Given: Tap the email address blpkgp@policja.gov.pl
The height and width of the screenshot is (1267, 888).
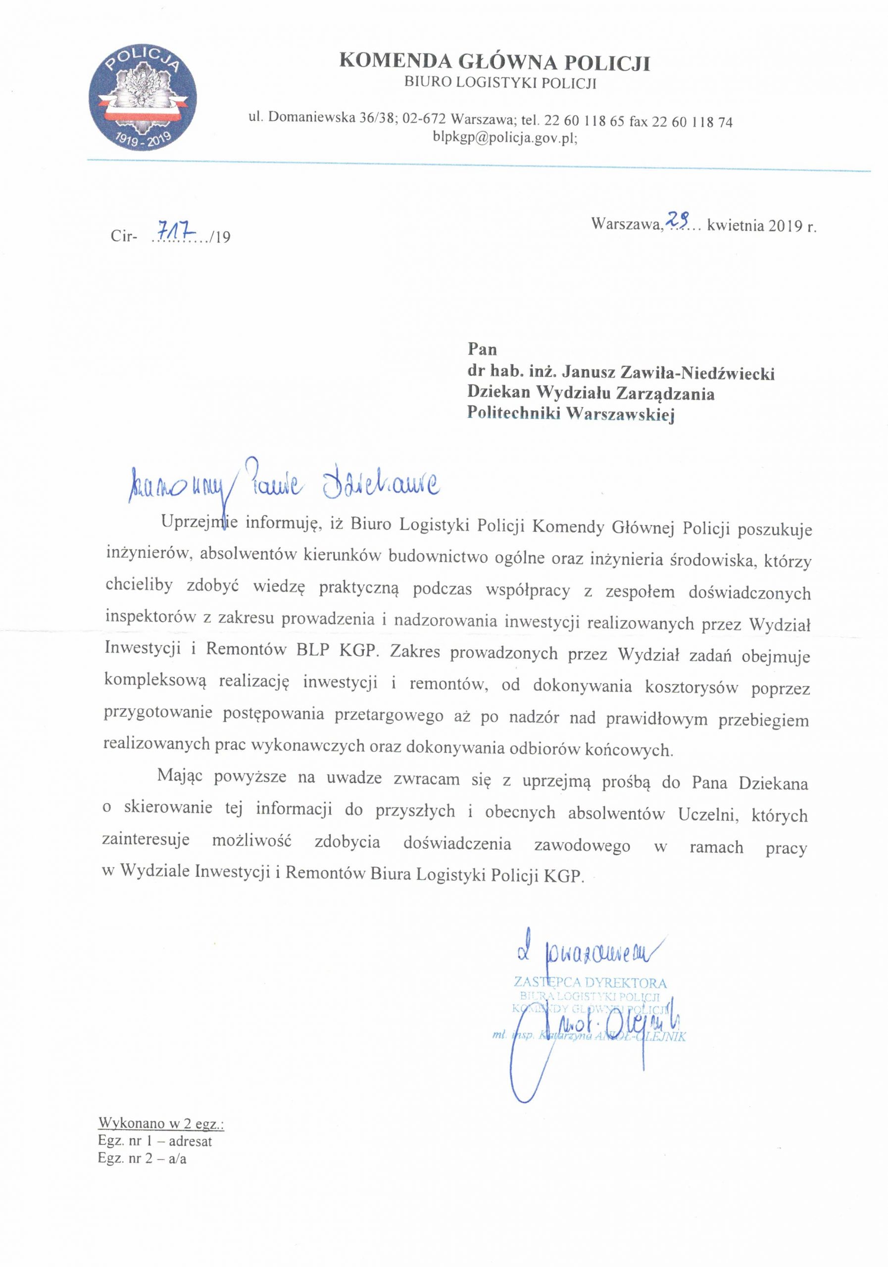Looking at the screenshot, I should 505,139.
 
